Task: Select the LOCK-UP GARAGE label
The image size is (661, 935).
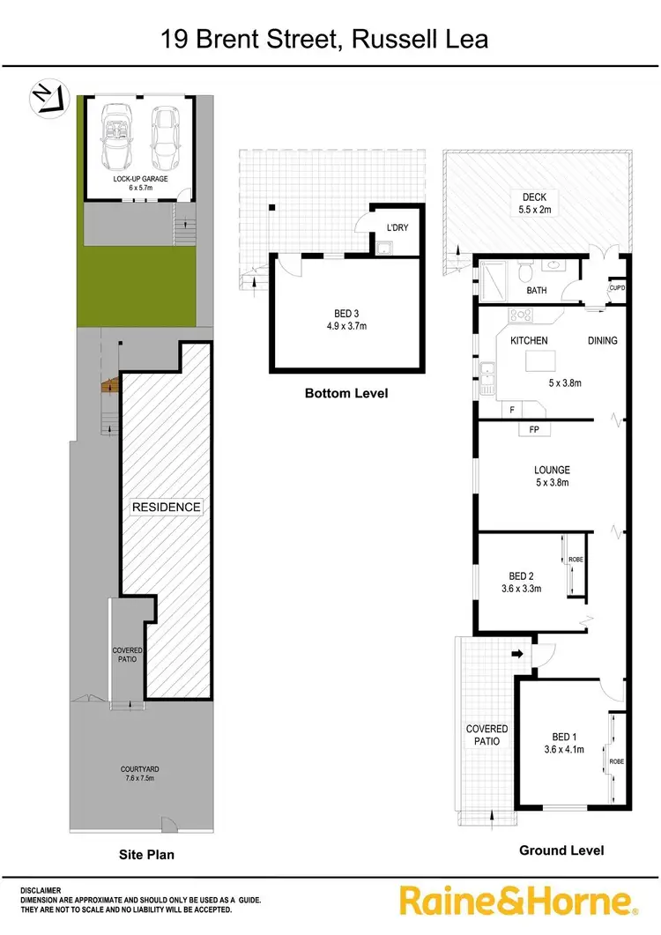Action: click(x=140, y=182)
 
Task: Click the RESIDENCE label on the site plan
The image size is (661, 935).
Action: click(x=167, y=507)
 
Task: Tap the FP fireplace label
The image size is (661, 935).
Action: click(x=534, y=429)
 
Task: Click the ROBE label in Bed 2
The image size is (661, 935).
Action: click(x=576, y=559)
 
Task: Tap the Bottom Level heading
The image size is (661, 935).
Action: click(x=345, y=393)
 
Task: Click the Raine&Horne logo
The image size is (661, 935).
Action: click(x=517, y=901)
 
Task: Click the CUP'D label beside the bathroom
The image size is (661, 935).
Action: click(x=617, y=287)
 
